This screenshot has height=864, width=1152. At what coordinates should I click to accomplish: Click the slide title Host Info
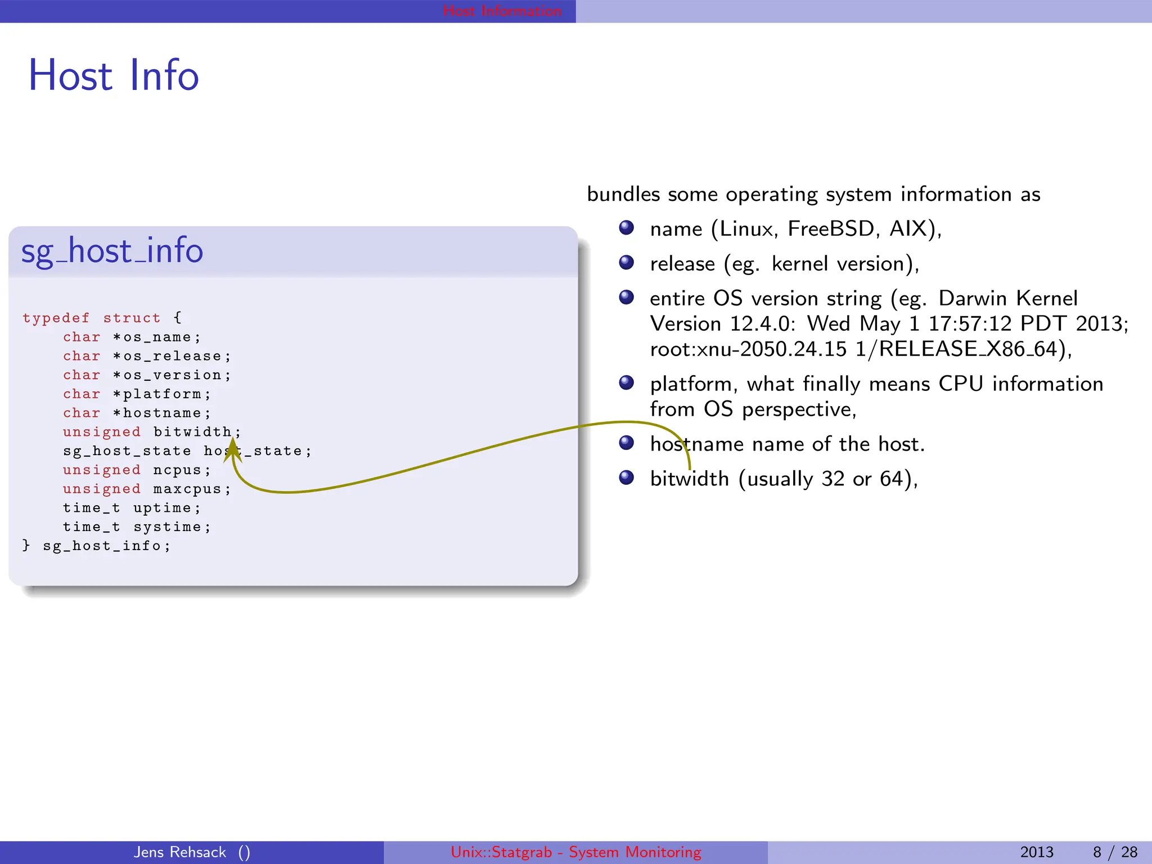point(114,75)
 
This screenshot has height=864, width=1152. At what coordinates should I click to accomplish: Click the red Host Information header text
point(502,11)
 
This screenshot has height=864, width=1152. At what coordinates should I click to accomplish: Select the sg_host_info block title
point(112,251)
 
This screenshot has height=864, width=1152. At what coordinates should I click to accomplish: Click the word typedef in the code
point(56,318)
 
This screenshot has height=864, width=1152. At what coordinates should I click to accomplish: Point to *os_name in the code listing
point(156,337)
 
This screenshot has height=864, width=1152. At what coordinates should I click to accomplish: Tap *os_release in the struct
point(171,357)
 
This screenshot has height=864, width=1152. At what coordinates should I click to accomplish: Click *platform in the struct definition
point(161,394)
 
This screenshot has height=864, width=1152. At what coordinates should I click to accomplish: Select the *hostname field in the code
point(161,413)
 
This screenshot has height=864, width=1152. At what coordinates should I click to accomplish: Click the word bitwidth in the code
point(192,432)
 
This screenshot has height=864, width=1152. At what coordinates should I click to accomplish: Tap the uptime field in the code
point(162,508)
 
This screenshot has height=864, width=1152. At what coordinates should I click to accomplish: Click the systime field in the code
point(167,527)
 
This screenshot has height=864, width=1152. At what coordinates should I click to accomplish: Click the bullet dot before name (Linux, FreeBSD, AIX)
point(626,228)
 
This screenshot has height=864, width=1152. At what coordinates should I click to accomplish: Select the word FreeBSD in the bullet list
point(831,229)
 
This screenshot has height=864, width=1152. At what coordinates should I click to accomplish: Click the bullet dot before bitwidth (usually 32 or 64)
point(626,478)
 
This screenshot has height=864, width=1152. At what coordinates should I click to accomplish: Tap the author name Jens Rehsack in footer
point(179,852)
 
